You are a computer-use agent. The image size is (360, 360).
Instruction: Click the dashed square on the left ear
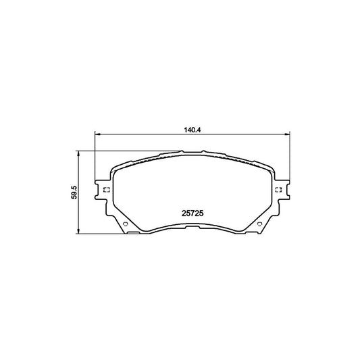pos(105,189)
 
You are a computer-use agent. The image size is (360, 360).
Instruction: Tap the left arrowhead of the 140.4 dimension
pos(97,134)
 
